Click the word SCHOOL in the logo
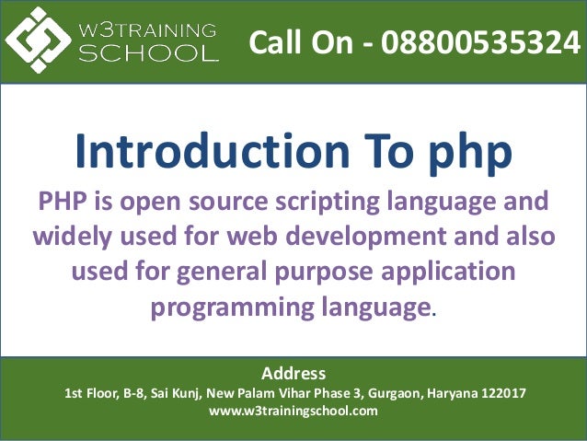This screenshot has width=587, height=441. click(155, 52)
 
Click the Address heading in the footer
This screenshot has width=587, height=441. click(293, 374)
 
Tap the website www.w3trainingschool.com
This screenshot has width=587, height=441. click(293, 411)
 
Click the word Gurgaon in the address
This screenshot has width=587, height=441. click(393, 393)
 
